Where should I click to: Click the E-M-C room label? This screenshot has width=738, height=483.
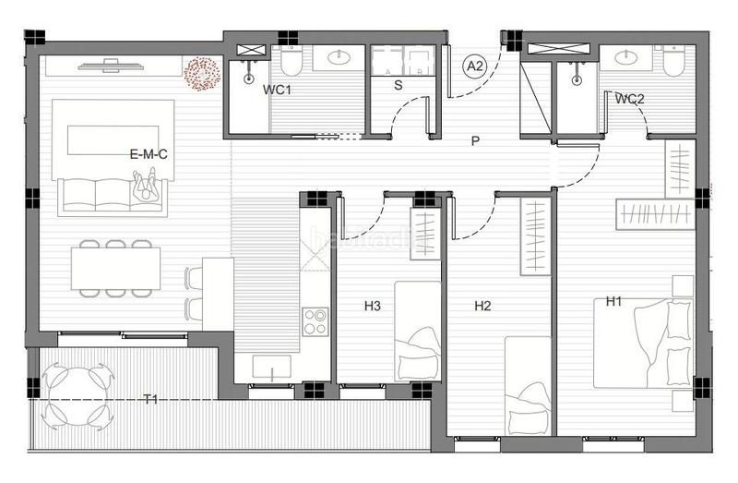coord(149,155)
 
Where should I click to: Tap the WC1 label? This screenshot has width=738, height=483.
coord(278,91)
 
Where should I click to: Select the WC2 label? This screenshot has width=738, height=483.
coord(629,99)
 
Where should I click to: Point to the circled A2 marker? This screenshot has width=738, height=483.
coord(475,66)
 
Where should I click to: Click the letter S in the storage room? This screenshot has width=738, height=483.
coord(399,86)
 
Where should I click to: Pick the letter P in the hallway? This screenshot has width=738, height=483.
coord(475,141)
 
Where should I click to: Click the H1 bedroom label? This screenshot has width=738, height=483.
coord(614,301)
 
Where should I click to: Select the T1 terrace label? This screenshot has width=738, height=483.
coord(150,399)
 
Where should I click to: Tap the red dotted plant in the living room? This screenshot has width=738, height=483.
coord(201,74)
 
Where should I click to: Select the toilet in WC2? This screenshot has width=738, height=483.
coord(670,61)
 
